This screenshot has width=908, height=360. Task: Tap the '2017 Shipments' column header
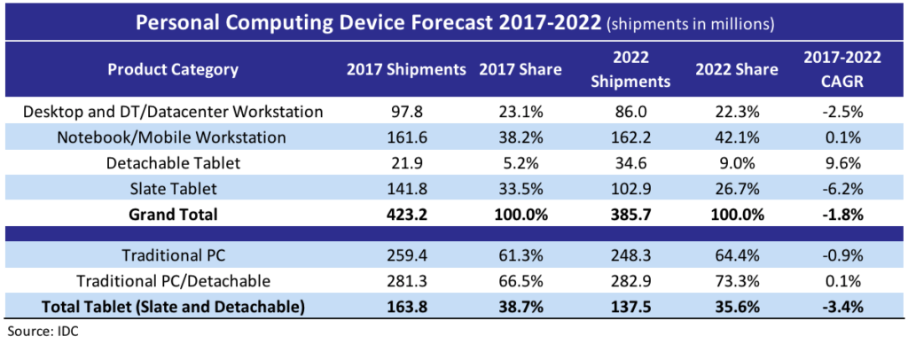pos(407,69)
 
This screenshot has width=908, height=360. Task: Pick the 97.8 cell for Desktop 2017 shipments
pos(407,113)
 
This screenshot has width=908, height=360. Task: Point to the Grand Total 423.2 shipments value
pos(407,214)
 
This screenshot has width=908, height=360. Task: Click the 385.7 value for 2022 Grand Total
pos(634,214)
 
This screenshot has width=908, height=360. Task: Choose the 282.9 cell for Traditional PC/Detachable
pos(634,281)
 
